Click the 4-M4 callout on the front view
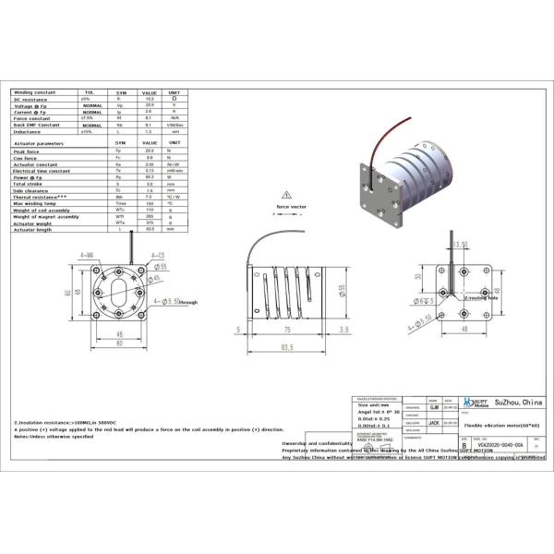(x=87, y=254)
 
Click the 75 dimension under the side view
(x=288, y=327)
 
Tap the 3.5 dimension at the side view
(x=343, y=327)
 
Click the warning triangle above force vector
(x=290, y=196)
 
